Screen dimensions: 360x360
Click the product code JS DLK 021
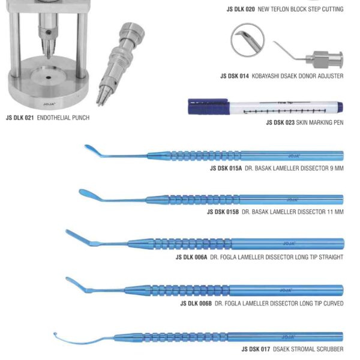[x=20, y=118]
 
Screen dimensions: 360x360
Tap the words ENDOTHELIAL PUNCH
[x=63, y=118]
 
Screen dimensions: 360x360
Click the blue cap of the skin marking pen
[x=201, y=106]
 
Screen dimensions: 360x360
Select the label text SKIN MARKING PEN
[x=317, y=122]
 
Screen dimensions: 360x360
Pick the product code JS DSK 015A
[x=226, y=169]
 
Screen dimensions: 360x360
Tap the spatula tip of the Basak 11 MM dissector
[x=85, y=194]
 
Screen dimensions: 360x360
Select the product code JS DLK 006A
[x=191, y=257]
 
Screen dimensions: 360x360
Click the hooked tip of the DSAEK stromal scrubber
[x=56, y=334]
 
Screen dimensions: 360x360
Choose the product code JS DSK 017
[x=256, y=349]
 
